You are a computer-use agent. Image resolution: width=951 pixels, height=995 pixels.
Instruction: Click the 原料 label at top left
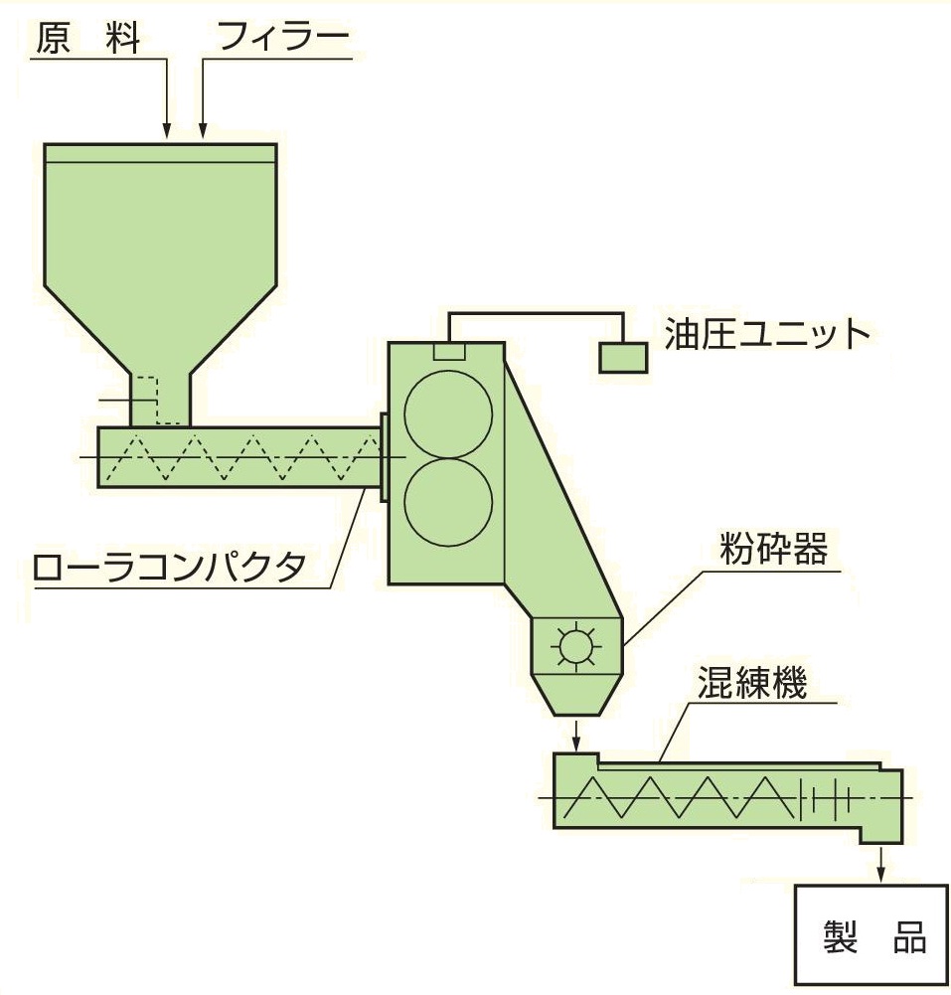(88, 38)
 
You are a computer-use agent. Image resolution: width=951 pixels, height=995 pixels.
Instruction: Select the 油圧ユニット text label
(767, 334)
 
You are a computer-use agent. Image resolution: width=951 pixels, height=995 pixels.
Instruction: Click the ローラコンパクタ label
(170, 567)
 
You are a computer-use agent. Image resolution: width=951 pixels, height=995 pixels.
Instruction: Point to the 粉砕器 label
(773, 549)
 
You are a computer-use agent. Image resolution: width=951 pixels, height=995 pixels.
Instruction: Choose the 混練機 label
(752, 683)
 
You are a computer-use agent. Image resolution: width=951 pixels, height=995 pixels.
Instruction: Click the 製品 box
(872, 935)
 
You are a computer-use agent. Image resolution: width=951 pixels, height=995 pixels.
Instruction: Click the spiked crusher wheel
(576, 646)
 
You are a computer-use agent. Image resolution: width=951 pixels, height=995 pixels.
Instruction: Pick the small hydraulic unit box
(624, 357)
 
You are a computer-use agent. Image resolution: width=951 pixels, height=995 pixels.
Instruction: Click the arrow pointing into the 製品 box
(880, 864)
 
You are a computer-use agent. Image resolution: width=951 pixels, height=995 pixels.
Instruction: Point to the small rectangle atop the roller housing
(450, 351)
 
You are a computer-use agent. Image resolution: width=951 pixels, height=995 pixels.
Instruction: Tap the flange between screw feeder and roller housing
(384, 457)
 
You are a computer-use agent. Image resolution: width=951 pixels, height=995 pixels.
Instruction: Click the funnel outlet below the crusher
(576, 694)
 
